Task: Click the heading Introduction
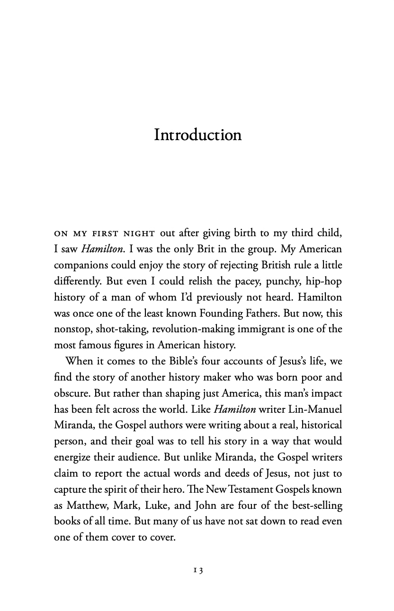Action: [x=197, y=135]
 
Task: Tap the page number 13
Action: [x=197, y=571]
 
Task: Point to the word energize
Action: [x=73, y=457]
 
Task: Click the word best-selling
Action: [x=314, y=505]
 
